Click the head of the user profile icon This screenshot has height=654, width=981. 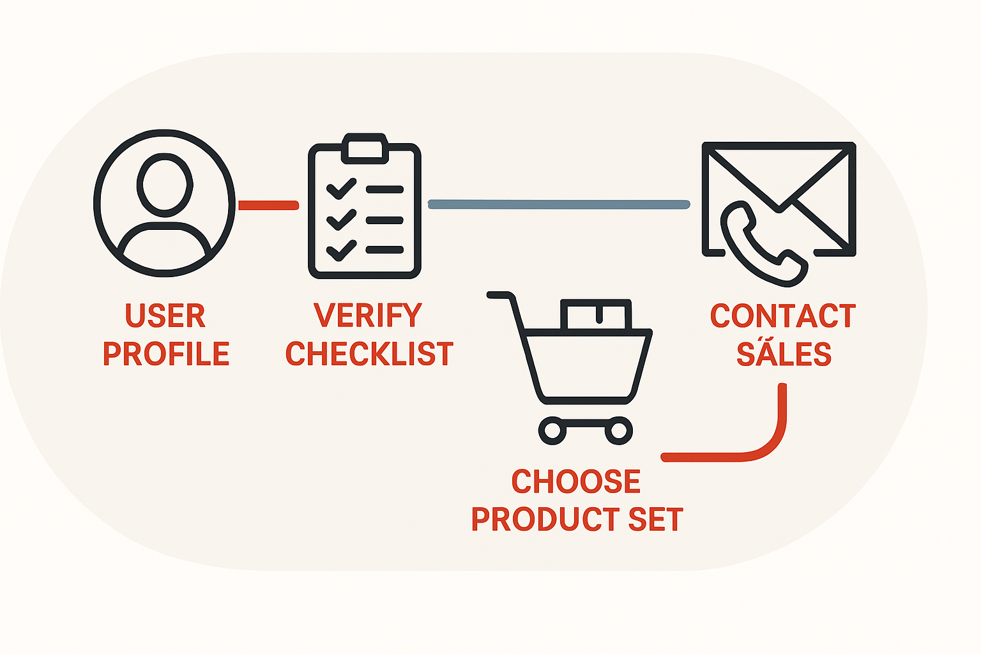[165, 185]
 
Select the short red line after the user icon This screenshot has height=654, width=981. [268, 205]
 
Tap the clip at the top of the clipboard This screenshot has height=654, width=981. [365, 149]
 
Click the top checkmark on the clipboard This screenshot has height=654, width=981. [341, 189]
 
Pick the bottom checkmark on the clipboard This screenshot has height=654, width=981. [341, 250]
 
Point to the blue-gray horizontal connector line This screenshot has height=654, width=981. [559, 204]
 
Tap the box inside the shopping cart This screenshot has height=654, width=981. [596, 314]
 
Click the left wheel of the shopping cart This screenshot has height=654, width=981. [552, 430]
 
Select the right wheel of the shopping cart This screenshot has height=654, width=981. [618, 430]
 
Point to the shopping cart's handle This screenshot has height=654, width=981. [504, 296]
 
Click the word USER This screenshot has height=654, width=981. [165, 316]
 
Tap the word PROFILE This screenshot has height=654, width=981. [166, 353]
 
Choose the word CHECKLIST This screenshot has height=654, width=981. [369, 353]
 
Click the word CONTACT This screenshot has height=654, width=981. [782, 316]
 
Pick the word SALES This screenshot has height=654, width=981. [784, 353]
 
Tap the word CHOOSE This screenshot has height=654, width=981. [576, 482]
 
